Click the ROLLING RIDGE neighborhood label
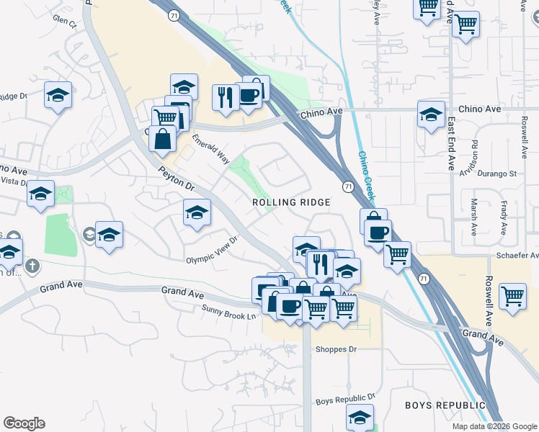point(291,202)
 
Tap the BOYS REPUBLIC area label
point(445,405)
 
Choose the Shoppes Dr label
point(337,350)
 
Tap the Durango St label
point(499,174)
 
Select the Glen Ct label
point(64,22)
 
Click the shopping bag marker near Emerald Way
point(163,138)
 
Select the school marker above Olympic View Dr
point(196,212)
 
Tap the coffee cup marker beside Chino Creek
point(378,232)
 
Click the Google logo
point(24,423)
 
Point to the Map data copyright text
point(494,426)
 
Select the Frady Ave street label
point(504,218)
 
